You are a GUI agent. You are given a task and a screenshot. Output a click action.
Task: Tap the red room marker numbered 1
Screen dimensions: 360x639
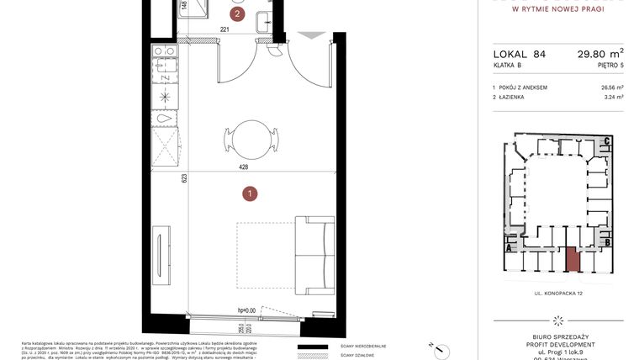pyautogui.click(x=250, y=194)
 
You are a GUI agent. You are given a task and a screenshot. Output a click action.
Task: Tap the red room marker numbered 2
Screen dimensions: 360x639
pyautogui.click(x=238, y=13)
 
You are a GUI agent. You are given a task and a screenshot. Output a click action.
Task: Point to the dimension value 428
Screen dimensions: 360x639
pyautogui.click(x=244, y=167)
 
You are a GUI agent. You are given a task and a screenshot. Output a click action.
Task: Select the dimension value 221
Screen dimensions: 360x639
pyautogui.click(x=224, y=30)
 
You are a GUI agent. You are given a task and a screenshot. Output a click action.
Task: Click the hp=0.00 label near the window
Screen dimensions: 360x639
pyautogui.click(x=246, y=310)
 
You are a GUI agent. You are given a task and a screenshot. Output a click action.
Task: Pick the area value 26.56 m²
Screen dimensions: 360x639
pyautogui.click(x=611, y=87)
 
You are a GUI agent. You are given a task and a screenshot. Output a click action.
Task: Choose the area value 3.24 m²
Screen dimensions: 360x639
pyautogui.click(x=614, y=98)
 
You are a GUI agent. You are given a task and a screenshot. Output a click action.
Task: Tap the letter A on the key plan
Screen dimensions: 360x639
pyautogui.click(x=509, y=247)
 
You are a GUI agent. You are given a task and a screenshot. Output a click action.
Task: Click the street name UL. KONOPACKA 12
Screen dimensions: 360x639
pyautogui.click(x=557, y=294)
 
